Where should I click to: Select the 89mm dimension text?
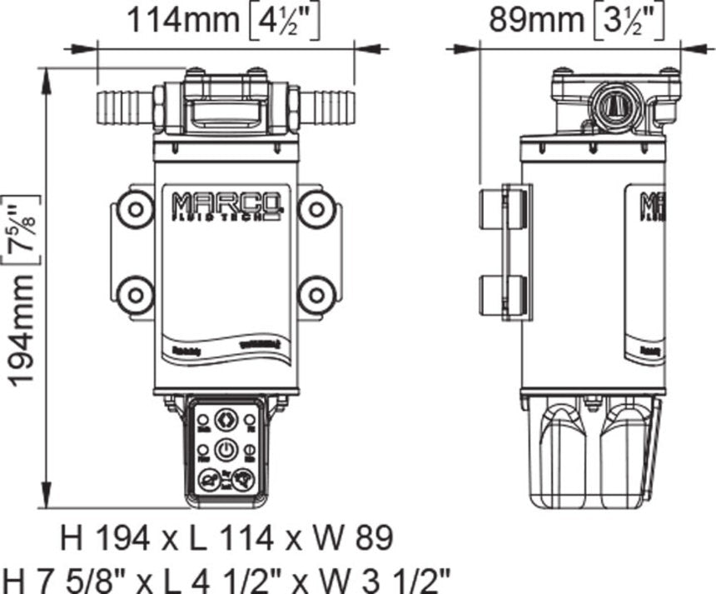point(525,20)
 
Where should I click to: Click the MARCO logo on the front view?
point(226,205)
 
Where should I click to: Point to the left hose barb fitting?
point(125,106)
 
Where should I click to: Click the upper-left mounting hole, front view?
point(134,208)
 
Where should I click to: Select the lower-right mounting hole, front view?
point(316,294)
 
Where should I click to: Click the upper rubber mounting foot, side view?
point(503,207)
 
